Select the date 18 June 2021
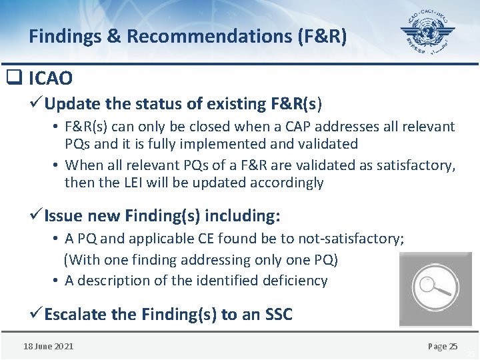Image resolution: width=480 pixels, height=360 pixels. (49, 346)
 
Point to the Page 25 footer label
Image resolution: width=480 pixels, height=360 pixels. (443, 346)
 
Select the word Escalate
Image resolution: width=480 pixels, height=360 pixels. (75, 315)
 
